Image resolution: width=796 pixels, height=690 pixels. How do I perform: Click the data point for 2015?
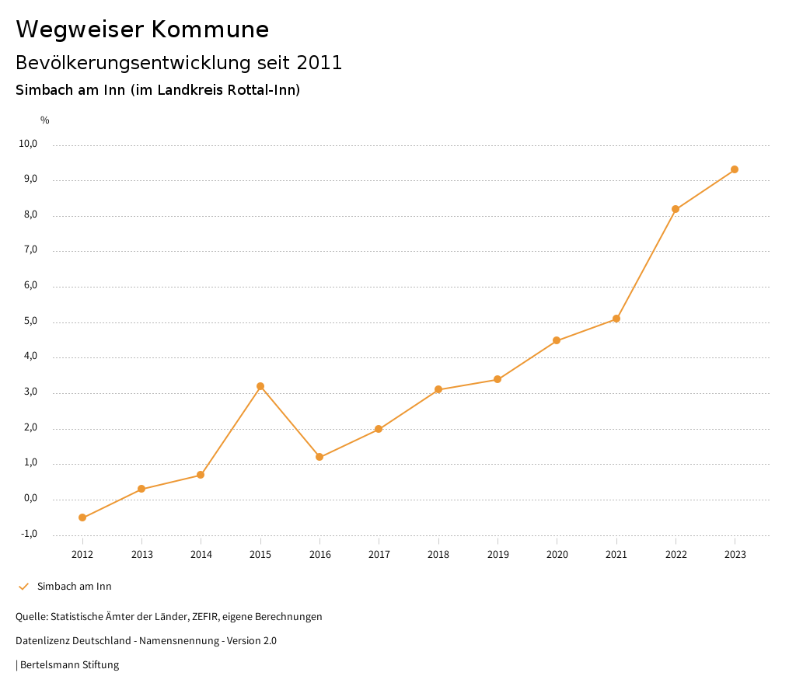pos(260,386)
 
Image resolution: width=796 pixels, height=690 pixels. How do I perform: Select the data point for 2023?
pos(735,169)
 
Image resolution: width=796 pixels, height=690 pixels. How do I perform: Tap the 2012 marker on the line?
pos(82,517)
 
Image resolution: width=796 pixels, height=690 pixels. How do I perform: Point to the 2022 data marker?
pos(676,209)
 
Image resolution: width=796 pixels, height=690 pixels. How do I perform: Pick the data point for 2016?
pos(319,457)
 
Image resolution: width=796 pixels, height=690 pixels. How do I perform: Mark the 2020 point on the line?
pos(557,340)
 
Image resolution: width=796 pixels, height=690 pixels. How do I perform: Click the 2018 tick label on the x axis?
pos(438,555)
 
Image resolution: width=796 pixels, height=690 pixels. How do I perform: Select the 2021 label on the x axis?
pos(616,555)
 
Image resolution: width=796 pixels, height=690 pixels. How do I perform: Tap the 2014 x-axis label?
pos(201,555)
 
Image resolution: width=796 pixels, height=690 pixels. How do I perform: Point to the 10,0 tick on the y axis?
pos(29,144)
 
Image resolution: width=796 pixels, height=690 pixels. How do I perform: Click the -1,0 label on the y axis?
pos(29,534)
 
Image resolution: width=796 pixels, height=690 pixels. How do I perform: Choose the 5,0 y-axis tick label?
pos(30,322)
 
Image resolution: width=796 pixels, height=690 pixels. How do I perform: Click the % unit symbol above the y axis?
pos(45,120)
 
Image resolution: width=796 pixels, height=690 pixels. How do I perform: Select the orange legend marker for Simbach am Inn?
pos(23,587)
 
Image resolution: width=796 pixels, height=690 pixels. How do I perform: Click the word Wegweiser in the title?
pos(79,30)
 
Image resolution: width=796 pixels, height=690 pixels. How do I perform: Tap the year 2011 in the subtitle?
pos(319,63)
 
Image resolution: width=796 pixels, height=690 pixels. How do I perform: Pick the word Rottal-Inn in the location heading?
pos(259,90)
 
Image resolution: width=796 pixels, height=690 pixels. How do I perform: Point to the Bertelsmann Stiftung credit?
pos(69,665)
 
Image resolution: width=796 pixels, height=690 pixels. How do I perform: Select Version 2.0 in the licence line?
pos(250,641)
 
